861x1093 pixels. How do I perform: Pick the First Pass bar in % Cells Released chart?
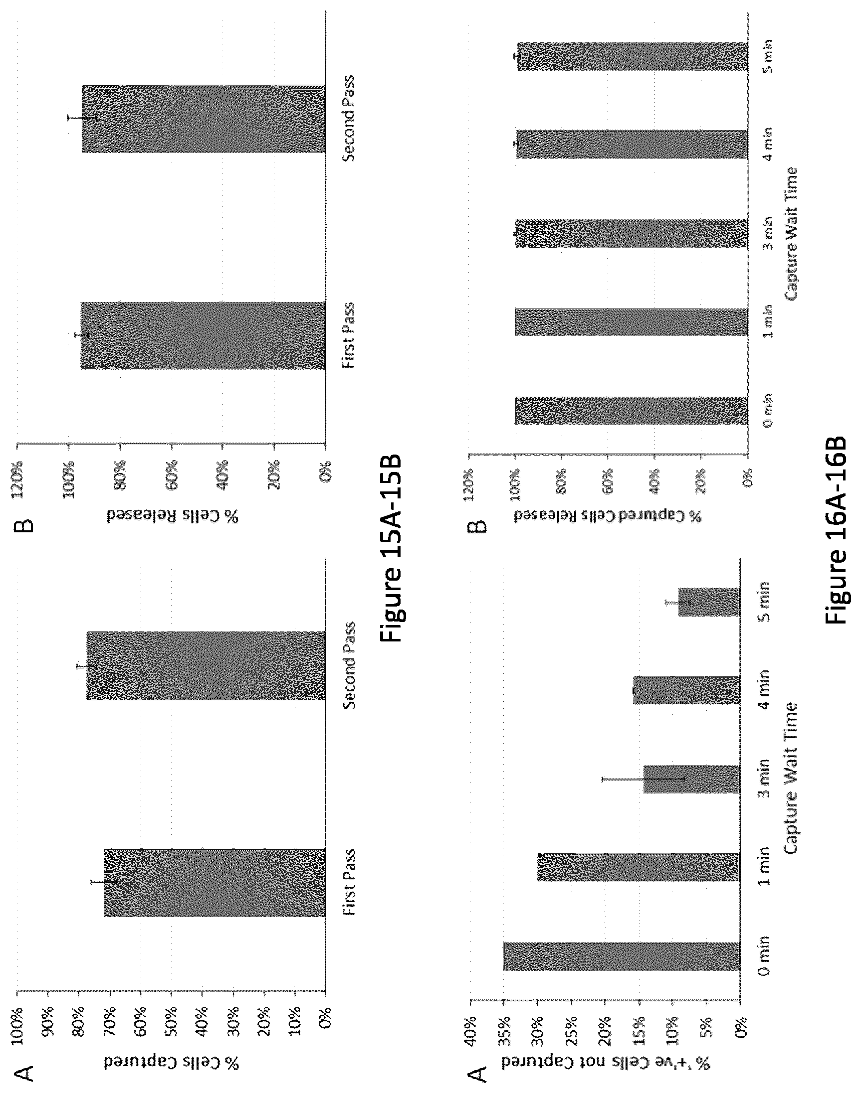tap(203, 335)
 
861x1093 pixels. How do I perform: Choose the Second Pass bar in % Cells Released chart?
tap(204, 118)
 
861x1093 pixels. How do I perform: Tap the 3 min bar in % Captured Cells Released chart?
tap(631, 233)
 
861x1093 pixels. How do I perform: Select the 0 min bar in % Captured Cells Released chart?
tap(631, 410)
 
